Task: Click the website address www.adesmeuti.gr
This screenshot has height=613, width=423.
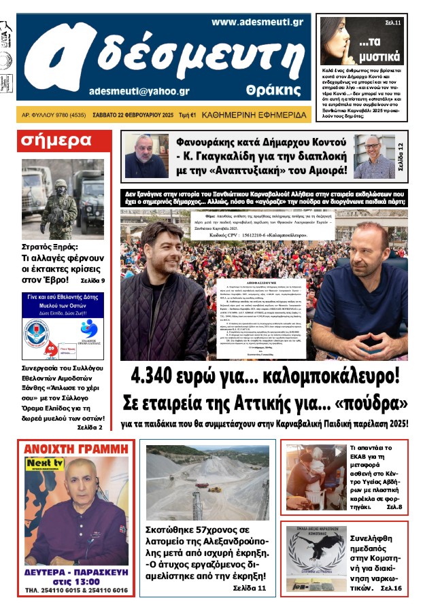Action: coord(256,22)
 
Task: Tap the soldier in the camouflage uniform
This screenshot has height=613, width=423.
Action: coord(59,208)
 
